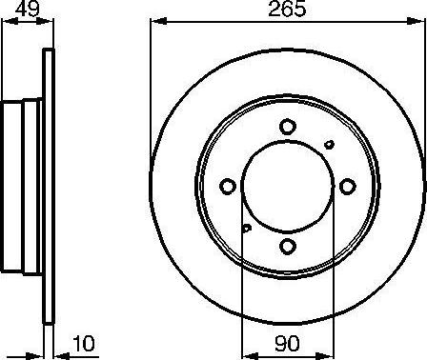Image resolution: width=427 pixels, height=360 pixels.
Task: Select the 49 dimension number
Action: tap(26, 11)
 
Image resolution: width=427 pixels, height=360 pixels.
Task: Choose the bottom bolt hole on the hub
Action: tap(287, 246)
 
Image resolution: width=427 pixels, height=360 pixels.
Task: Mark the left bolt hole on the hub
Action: tap(227, 187)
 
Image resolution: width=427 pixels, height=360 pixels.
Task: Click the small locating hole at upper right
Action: tap(330, 145)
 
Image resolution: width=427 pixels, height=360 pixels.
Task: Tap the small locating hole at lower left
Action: tap(246, 228)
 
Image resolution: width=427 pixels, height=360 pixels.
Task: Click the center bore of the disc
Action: tap(287, 187)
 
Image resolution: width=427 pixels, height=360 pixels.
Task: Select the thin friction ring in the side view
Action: tap(46, 187)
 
